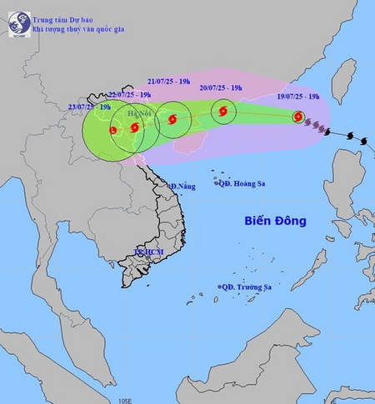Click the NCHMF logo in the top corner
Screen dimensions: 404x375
click(18, 23)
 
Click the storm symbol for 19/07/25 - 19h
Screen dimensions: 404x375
click(298, 117)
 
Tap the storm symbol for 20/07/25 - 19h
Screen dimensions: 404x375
click(223, 111)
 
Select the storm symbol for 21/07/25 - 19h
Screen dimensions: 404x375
click(172, 120)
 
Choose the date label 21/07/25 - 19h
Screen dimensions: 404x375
click(168, 82)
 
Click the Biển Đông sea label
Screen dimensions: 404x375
click(276, 221)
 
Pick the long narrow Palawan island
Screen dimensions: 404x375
click(309, 270)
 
